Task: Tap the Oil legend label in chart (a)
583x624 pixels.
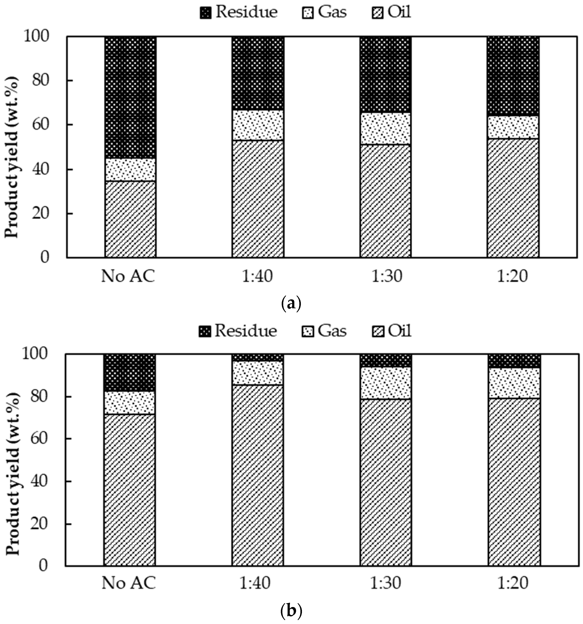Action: click(x=399, y=12)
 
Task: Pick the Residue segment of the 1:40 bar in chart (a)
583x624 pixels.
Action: click(x=258, y=73)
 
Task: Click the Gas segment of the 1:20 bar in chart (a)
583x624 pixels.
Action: click(x=513, y=127)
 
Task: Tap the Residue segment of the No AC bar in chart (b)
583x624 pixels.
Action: click(x=129, y=373)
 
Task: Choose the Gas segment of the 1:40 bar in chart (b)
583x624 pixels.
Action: click(x=258, y=373)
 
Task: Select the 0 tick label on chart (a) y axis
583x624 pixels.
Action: click(x=45, y=257)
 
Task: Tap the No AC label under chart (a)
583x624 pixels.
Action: click(x=128, y=277)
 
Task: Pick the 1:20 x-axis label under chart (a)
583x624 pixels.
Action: click(x=513, y=277)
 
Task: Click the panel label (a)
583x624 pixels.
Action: click(x=291, y=304)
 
